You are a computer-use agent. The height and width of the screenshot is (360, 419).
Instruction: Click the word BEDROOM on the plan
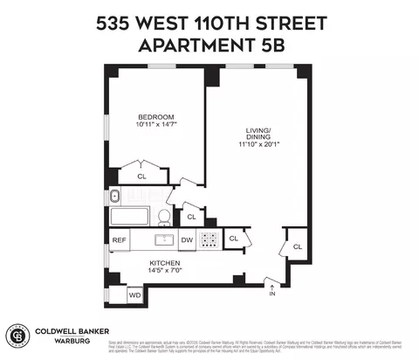[x=155, y=117]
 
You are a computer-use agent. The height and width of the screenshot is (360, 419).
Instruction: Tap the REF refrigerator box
[x=119, y=239]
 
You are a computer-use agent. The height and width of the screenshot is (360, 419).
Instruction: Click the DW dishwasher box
[x=186, y=239]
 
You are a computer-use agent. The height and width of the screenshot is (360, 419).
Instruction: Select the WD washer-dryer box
[x=135, y=295]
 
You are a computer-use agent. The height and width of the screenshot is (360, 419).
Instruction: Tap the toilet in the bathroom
[x=163, y=217]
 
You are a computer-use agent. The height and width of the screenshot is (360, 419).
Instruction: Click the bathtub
[x=131, y=217]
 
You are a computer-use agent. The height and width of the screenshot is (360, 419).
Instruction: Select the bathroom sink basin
[x=114, y=196]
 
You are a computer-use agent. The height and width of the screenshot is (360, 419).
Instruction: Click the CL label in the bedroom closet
[x=143, y=177]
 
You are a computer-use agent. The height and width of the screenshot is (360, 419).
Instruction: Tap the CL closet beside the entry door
[x=297, y=246]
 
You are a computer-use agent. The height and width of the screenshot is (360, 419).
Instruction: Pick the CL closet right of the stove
[x=233, y=238]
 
